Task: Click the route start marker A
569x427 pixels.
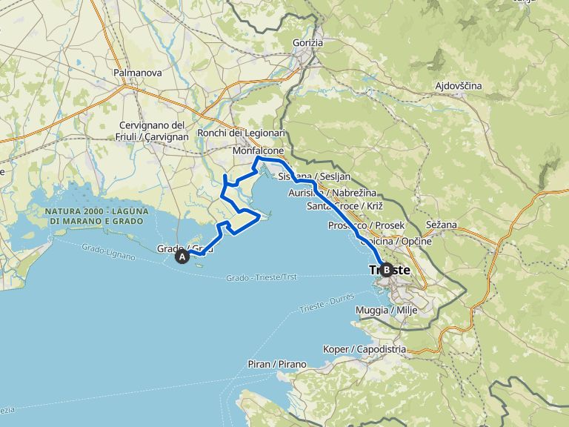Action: click(182, 257)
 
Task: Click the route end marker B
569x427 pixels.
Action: click(387, 271)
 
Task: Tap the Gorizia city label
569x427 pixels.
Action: click(307, 43)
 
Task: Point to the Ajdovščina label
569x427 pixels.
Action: click(458, 86)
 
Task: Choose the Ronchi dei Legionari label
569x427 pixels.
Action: click(241, 133)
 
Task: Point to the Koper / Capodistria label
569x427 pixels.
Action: click(365, 348)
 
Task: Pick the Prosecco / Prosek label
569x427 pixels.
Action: click(366, 225)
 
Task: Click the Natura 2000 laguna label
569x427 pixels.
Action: click(97, 216)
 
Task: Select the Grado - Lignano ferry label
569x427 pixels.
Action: click(108, 252)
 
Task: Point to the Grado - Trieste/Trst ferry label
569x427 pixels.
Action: click(261, 277)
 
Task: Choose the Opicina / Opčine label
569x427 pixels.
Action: click(394, 241)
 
